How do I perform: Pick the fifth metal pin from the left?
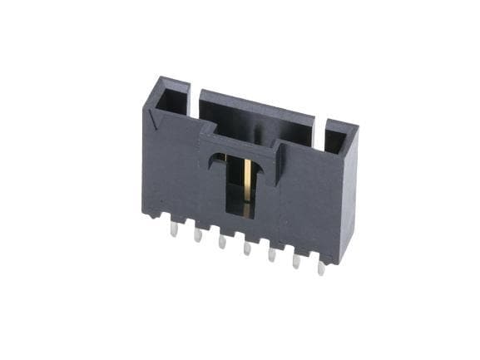point(270,254)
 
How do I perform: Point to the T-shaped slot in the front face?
point(240,179)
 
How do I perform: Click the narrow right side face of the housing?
point(349,200)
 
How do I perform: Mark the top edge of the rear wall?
point(258,105)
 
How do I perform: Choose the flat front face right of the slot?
point(308,208)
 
